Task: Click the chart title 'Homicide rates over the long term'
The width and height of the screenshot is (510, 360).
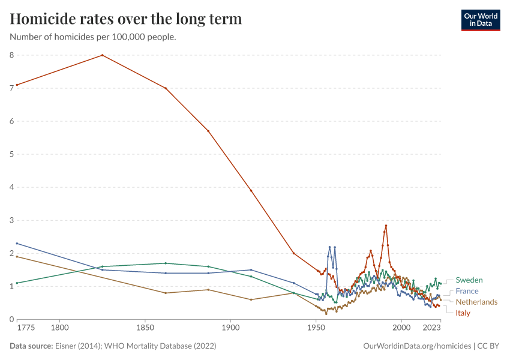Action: (x=126, y=19)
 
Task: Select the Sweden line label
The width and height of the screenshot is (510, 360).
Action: (x=469, y=280)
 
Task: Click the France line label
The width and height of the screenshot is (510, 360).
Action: (x=467, y=291)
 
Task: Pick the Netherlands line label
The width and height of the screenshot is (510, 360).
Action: (x=476, y=302)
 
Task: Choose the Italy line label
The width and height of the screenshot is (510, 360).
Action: (x=463, y=313)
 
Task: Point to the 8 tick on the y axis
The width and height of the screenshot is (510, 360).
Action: (x=11, y=55)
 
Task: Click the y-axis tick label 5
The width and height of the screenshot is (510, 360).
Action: (x=11, y=154)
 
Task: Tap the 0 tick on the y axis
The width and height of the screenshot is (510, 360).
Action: (x=11, y=319)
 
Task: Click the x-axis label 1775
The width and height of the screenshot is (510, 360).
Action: (x=26, y=328)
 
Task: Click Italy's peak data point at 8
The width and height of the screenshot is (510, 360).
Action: (x=103, y=55)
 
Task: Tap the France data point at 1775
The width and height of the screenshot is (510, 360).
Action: (x=17, y=243)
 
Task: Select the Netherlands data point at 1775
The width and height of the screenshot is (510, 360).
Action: (x=17, y=256)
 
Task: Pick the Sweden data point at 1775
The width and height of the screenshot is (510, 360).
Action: (x=17, y=283)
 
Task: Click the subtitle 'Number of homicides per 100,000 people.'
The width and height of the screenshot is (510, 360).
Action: (x=93, y=37)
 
